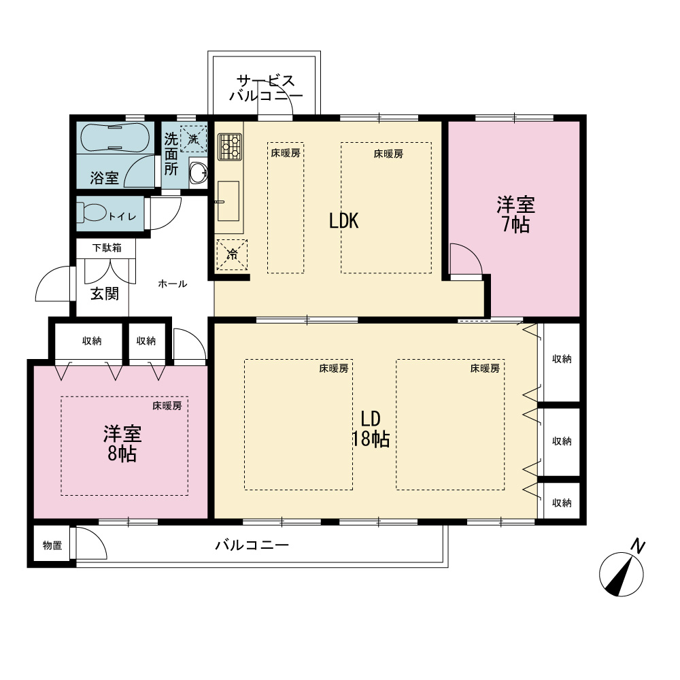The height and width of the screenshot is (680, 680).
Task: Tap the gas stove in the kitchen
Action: [x=231, y=147]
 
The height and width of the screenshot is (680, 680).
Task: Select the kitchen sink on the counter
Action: [x=228, y=201]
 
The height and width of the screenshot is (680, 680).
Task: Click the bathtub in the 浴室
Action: [x=115, y=137]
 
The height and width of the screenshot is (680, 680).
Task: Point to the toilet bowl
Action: [x=92, y=212]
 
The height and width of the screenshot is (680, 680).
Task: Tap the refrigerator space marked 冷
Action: [x=232, y=254]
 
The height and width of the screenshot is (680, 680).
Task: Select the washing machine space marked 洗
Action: [x=193, y=139]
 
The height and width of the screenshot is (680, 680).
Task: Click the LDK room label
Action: [x=343, y=221]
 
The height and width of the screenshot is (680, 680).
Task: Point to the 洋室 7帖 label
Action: [x=515, y=215]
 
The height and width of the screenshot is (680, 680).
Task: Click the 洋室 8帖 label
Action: [x=122, y=443]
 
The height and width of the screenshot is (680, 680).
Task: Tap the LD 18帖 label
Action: [x=371, y=429]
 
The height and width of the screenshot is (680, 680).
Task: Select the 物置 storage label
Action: [x=52, y=545]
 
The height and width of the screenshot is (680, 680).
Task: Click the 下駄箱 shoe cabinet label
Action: [x=107, y=248]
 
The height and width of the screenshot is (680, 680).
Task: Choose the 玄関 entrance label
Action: [x=105, y=294]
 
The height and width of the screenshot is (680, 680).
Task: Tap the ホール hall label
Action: [x=173, y=284]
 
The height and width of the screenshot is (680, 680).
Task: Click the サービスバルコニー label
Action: [x=266, y=88]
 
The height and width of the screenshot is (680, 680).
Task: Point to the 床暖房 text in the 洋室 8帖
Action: [x=167, y=406]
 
